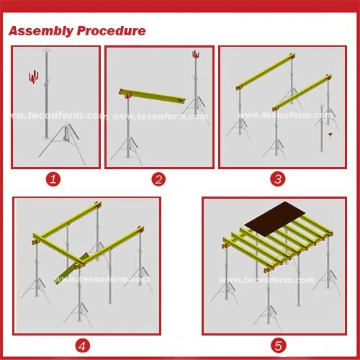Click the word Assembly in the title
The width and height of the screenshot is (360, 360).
(x=41, y=32)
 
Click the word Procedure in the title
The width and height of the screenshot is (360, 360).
(x=112, y=31)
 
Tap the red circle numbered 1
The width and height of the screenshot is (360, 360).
(x=53, y=179)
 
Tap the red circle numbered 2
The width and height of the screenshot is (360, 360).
(x=158, y=179)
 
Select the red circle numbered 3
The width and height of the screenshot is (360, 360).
(x=278, y=179)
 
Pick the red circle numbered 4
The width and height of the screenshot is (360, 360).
(x=82, y=346)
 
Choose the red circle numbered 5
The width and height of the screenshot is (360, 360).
(x=279, y=346)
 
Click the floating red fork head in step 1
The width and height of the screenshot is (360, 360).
(x=33, y=77)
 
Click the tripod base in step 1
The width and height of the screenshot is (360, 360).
(x=63, y=144)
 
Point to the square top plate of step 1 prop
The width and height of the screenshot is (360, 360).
(x=47, y=50)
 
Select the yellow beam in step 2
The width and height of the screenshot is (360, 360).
(x=152, y=96)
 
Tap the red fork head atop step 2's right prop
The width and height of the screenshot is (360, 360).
(x=196, y=55)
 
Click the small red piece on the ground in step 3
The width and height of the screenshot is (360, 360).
(x=330, y=135)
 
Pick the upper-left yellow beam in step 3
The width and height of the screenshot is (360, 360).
(x=266, y=71)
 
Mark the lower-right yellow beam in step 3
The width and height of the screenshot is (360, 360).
(x=302, y=93)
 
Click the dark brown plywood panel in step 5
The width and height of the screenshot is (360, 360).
(x=275, y=219)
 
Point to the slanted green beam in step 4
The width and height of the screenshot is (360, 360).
(x=71, y=269)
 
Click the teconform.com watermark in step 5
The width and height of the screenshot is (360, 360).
(x=266, y=280)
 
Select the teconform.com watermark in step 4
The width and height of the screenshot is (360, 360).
(x=102, y=279)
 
